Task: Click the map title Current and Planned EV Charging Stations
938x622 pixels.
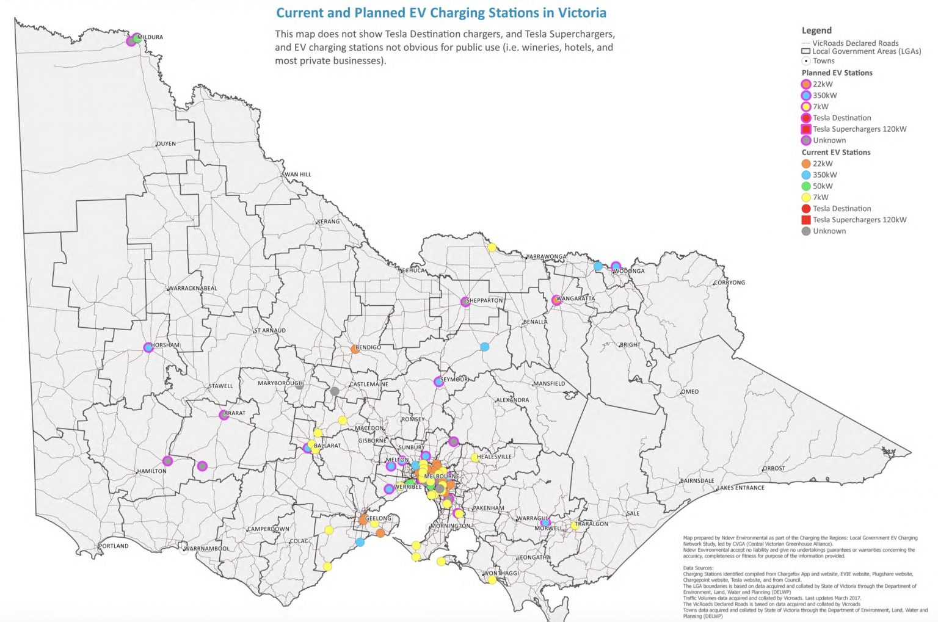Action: [x=441, y=13]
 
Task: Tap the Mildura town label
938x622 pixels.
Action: [x=150, y=37]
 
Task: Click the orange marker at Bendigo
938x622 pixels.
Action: [x=355, y=349]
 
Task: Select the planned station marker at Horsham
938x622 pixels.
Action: [x=148, y=347]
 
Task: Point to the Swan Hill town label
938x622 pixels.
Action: [x=297, y=175]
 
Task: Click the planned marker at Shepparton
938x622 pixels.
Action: [x=465, y=302]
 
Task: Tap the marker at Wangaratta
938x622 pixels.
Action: [x=556, y=300]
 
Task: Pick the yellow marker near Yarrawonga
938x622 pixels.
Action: [x=492, y=247]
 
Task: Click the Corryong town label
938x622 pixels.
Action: [x=729, y=283]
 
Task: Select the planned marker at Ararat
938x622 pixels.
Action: [x=224, y=415]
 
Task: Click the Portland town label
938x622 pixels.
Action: [x=114, y=546]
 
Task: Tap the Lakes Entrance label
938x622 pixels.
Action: [x=740, y=488]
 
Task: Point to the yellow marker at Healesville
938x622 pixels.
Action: [x=474, y=457]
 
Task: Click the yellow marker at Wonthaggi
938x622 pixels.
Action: [x=492, y=580]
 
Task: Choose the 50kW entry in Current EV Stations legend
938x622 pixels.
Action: [x=822, y=186]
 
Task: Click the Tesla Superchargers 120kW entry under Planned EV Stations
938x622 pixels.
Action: [x=859, y=129]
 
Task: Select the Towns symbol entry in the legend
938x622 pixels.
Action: [x=823, y=61]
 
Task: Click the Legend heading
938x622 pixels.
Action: [x=816, y=31]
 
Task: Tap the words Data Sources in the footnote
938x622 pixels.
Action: [x=698, y=568]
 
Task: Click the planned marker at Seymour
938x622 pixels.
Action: [x=438, y=382]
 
